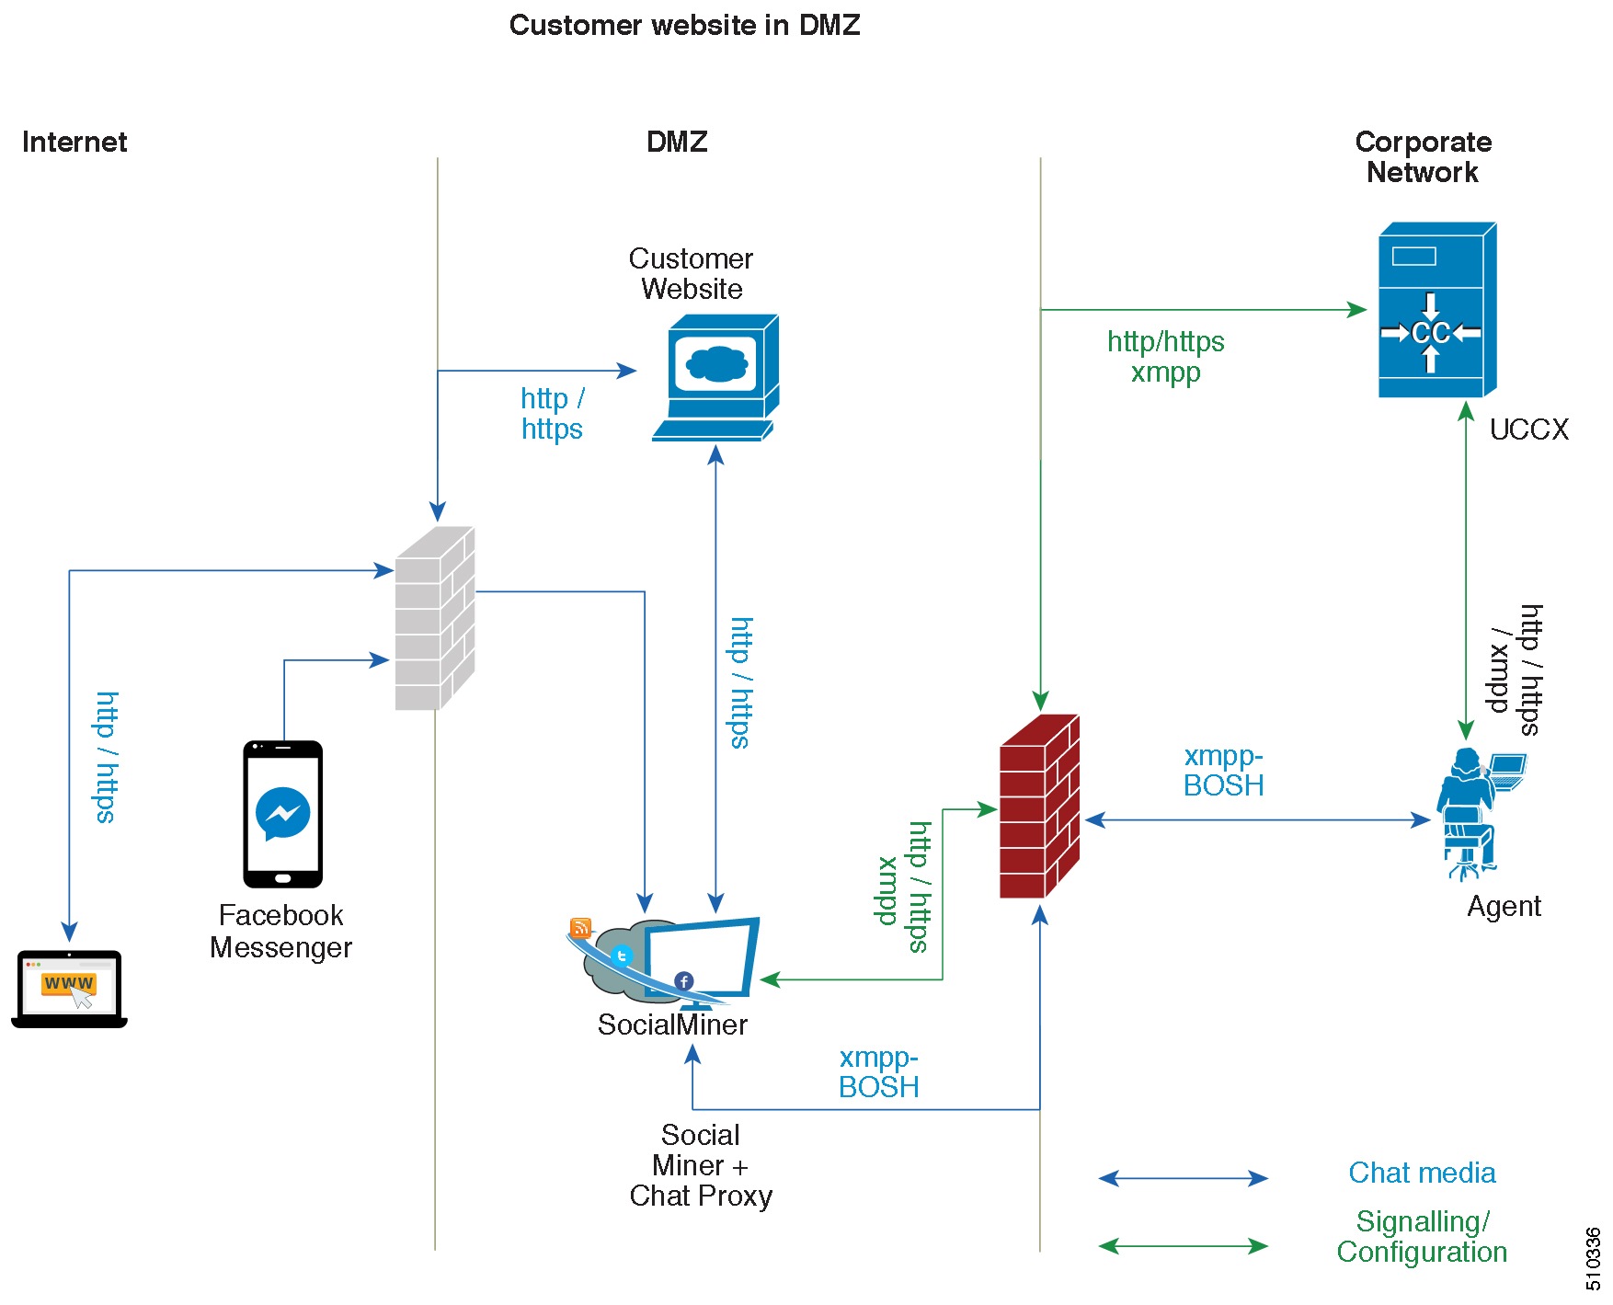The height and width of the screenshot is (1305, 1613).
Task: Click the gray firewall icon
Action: (x=433, y=620)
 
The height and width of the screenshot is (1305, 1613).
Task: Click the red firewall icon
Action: (x=1039, y=806)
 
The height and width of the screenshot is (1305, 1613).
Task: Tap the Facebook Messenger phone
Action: (x=282, y=814)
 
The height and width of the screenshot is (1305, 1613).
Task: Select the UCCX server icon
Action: (x=1436, y=311)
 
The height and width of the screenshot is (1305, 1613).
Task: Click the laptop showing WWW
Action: (x=69, y=989)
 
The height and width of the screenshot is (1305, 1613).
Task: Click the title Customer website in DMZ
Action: (x=684, y=25)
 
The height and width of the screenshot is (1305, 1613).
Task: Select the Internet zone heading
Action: (x=74, y=142)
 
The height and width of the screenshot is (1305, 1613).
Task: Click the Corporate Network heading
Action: (x=1423, y=156)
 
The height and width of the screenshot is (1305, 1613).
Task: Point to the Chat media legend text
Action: (x=1422, y=1173)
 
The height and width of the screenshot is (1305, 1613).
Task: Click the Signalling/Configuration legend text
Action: (x=1422, y=1236)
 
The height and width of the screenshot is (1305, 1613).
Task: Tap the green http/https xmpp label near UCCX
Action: (x=1165, y=357)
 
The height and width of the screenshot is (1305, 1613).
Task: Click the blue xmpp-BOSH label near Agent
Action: (x=1223, y=771)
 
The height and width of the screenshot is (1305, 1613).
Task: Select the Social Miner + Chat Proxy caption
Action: (x=701, y=1165)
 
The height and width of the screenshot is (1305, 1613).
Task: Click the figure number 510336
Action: (x=1594, y=1259)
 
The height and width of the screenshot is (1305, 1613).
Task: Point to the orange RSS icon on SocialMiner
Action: (x=580, y=928)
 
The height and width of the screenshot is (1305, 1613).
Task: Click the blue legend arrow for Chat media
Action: (x=1183, y=1178)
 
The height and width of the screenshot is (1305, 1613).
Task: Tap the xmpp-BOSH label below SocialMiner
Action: (x=878, y=1072)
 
